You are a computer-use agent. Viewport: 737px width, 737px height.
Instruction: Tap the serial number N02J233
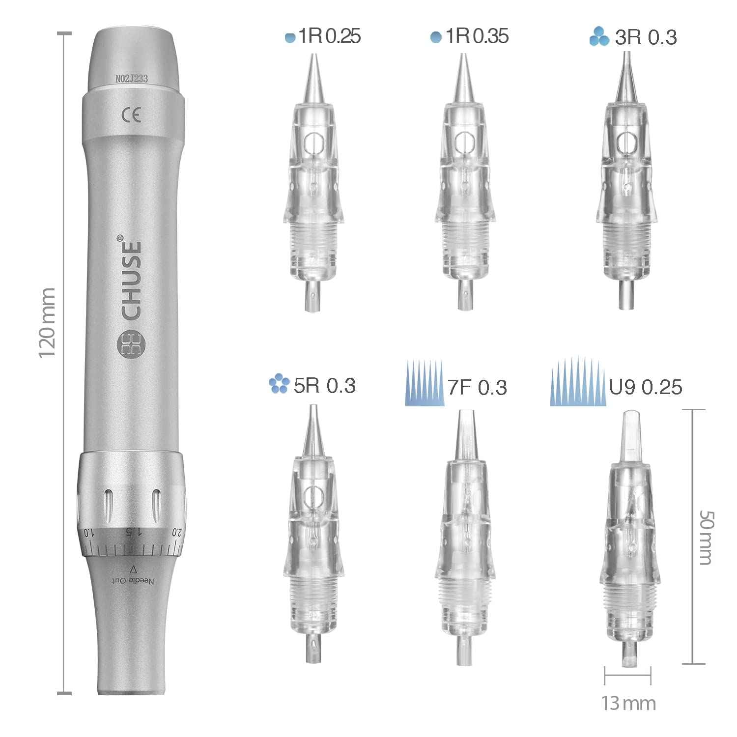[x=132, y=78]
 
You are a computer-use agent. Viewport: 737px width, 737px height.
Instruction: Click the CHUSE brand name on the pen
[x=131, y=279]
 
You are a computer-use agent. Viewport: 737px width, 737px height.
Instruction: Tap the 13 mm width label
[x=628, y=703]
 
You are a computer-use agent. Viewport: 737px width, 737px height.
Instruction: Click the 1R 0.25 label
[x=330, y=37]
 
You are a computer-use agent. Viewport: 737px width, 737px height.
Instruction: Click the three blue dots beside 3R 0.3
[x=599, y=37]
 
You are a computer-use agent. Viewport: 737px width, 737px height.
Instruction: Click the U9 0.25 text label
[x=645, y=387]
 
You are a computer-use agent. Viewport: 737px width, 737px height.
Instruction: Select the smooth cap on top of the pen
[x=132, y=57]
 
